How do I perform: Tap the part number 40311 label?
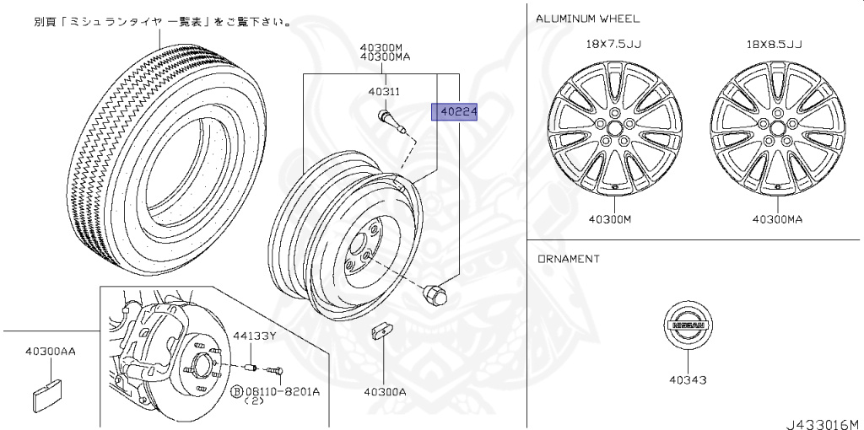pos(383,91)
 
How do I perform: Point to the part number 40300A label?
pos(385,391)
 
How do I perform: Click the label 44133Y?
pos(255,336)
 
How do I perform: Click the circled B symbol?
pos(235,391)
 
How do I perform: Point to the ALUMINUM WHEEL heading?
pos(587,18)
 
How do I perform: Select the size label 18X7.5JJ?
pos(613,44)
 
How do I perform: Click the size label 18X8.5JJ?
pos(774,44)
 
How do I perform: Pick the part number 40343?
pos(688,379)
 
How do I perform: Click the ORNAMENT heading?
pos(569,259)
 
